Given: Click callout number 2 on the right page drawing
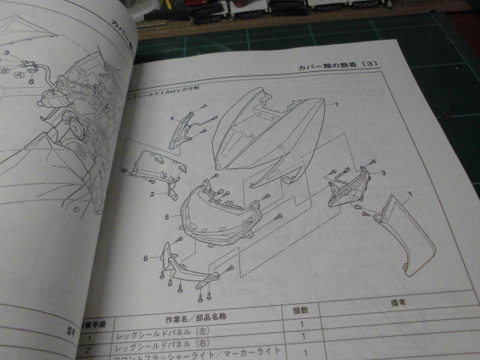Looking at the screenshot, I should coord(151,194).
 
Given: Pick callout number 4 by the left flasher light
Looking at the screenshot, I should coord(171,118).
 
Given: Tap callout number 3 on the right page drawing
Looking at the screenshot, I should coord(382,172).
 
